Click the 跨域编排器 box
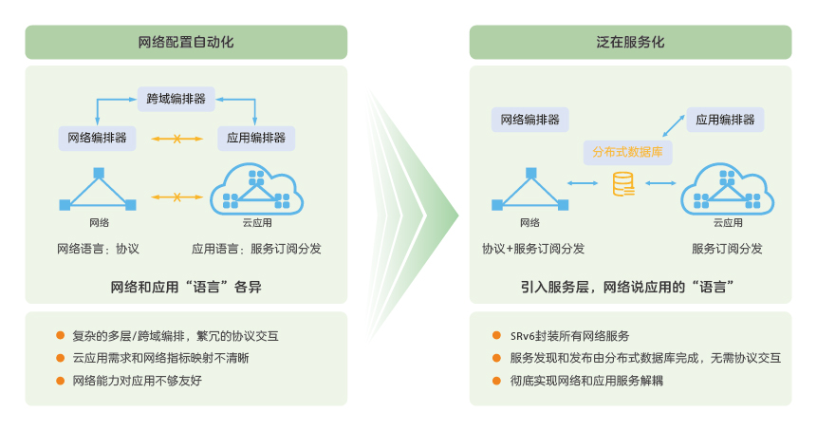(176, 99)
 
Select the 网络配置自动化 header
(186, 42)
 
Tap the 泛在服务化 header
(630, 42)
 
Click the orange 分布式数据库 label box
(627, 152)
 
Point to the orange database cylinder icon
(623, 184)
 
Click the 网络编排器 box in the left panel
(97, 138)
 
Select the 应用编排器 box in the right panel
(725, 120)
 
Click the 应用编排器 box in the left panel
(256, 138)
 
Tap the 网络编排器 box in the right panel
(529, 120)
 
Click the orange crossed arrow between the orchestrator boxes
(177, 140)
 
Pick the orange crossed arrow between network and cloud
(177, 197)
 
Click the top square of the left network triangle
(99, 173)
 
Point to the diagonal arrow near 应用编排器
(673, 126)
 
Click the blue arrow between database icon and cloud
(660, 183)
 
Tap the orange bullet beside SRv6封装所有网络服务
(496, 336)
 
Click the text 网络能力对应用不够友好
(137, 381)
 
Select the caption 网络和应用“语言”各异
(186, 287)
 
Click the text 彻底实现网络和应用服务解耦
(586, 381)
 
